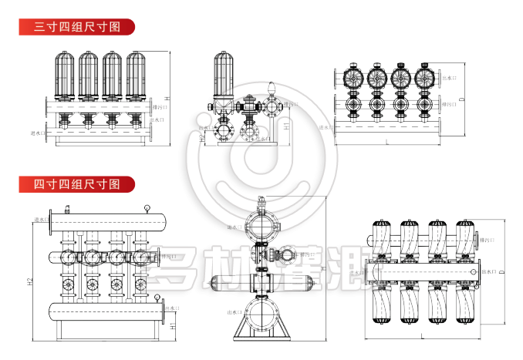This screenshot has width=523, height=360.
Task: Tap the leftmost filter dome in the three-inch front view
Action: click(x=66, y=76)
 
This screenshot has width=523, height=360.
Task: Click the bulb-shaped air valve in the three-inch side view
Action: click(x=272, y=90)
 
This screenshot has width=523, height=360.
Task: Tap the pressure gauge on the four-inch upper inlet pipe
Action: click(x=146, y=207)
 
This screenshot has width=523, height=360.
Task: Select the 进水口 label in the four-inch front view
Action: click(x=40, y=220)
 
